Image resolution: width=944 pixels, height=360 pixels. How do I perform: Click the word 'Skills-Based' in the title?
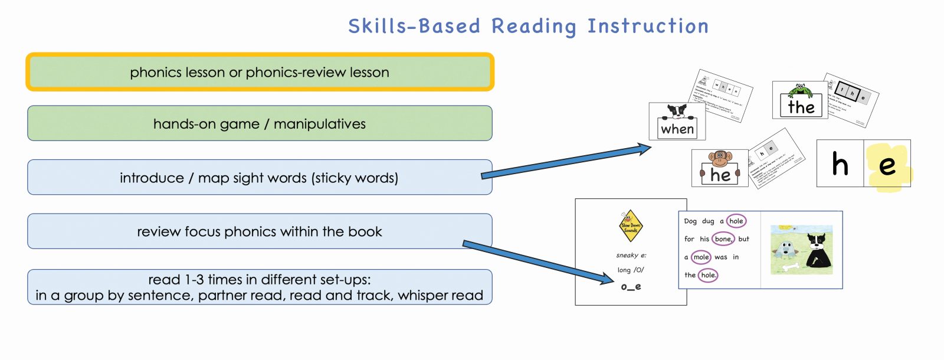click(x=414, y=27)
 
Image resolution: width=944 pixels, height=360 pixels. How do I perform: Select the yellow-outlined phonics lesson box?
click(x=260, y=73)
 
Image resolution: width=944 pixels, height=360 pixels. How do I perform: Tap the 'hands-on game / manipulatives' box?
click(x=260, y=124)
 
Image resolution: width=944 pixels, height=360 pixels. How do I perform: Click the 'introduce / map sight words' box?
click(x=260, y=178)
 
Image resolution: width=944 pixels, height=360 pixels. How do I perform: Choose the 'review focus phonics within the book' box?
click(x=260, y=231)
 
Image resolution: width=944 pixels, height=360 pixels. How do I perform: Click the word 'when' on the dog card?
click(x=677, y=129)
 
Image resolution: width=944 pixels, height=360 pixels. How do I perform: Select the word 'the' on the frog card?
click(x=801, y=107)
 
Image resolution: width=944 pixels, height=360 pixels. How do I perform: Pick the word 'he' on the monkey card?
click(x=720, y=175)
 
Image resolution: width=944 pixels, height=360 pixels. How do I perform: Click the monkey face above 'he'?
click(x=720, y=158)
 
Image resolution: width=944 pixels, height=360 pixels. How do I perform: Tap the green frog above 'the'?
click(x=800, y=90)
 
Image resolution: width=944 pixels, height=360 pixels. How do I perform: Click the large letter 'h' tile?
click(x=840, y=164)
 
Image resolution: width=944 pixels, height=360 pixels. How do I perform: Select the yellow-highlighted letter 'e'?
click(x=887, y=165)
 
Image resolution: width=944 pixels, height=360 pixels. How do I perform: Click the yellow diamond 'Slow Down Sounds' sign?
click(x=631, y=225)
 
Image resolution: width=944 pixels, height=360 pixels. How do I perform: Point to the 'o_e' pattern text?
click(x=631, y=287)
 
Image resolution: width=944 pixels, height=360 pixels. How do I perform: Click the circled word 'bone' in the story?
click(x=723, y=239)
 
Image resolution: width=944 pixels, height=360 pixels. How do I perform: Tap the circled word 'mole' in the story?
click(x=701, y=257)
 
